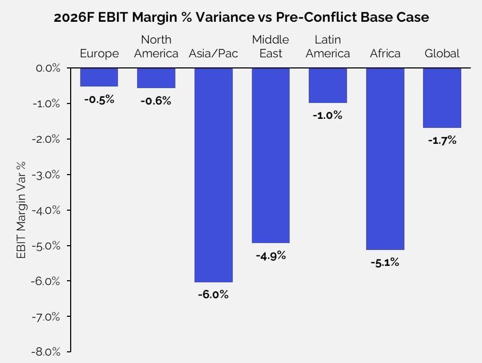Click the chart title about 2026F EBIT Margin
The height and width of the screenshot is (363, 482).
click(241, 17)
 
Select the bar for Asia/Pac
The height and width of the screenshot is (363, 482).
click(213, 175)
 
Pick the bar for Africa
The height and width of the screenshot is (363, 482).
click(385, 159)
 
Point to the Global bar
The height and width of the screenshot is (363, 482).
click(442, 98)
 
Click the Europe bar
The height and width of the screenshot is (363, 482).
click(99, 77)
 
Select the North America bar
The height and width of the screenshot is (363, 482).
click(156, 78)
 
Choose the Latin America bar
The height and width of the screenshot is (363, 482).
click(328, 85)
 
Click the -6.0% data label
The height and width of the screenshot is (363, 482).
click(213, 295)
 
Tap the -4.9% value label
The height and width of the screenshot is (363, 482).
click(270, 256)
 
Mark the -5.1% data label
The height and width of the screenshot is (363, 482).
click(385, 263)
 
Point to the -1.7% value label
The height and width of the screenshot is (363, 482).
click(442, 141)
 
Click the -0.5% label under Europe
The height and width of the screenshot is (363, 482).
click(99, 99)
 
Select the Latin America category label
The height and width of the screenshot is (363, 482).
click(328, 47)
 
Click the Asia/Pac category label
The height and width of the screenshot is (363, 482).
click(213, 54)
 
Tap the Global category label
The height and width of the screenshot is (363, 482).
click(442, 54)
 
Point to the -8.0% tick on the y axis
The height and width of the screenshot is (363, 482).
click(48, 352)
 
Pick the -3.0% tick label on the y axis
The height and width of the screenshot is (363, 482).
click(48, 175)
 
